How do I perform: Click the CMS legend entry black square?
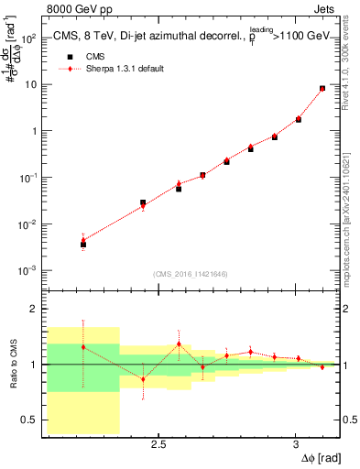[x=64, y=56]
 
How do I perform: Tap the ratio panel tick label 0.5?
[x=29, y=420]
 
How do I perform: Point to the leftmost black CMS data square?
[x=83, y=245]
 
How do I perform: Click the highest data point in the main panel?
[x=322, y=89]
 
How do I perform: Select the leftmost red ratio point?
[x=83, y=347]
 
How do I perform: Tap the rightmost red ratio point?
[x=322, y=367]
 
